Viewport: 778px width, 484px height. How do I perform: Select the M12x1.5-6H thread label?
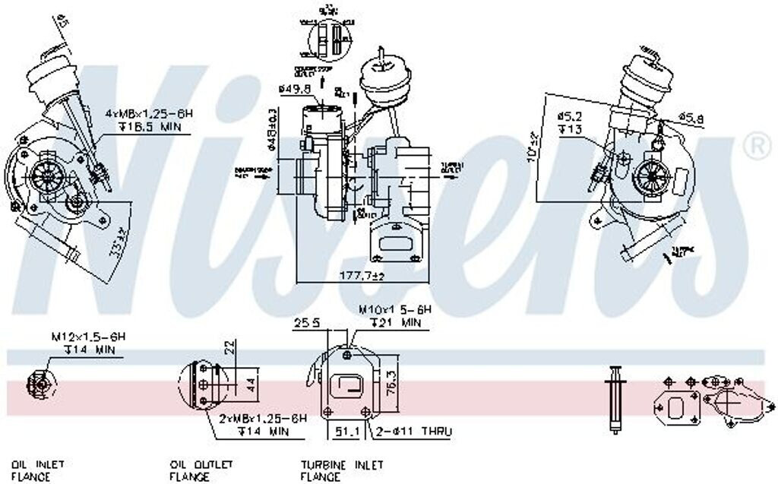88,336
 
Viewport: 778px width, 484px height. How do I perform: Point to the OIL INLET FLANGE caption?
37,470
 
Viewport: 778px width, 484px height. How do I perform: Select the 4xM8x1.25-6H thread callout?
149,113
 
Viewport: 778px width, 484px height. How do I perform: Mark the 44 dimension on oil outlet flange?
248,386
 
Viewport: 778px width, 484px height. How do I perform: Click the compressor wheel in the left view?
47,176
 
